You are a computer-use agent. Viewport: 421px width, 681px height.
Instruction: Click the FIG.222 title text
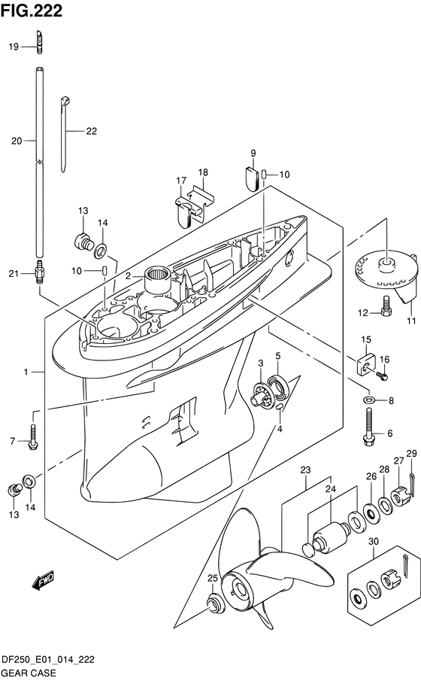pos(32,11)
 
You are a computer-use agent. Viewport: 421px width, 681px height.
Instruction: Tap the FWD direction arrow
pos(43,580)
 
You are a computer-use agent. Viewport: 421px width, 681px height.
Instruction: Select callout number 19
pos(14,47)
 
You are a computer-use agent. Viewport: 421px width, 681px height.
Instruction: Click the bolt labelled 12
pos(385,306)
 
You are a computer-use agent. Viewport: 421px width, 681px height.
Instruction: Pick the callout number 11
pos(411,321)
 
